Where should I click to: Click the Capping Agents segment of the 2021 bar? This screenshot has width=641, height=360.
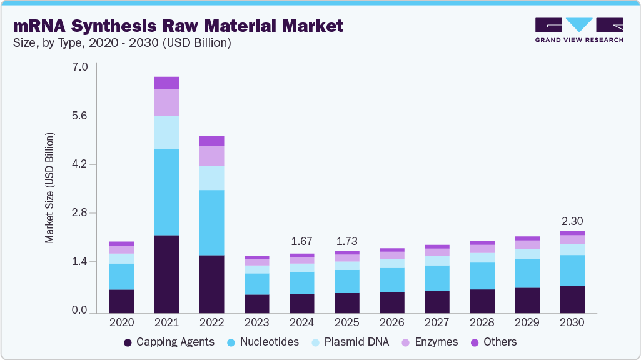(x=166, y=274)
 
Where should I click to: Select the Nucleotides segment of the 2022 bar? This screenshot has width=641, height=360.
(x=211, y=222)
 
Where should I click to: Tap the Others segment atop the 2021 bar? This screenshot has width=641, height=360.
(x=166, y=83)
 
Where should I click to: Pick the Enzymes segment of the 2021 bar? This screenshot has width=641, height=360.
(x=166, y=102)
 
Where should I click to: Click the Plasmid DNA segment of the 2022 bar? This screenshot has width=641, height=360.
(x=211, y=177)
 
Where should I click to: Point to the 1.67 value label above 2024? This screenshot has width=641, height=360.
(x=302, y=241)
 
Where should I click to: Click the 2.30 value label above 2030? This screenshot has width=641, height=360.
(x=572, y=221)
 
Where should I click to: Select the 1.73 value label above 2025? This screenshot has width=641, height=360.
(x=346, y=241)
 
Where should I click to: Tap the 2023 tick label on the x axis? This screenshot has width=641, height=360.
(x=256, y=323)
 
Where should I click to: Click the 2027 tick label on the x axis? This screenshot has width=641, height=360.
(x=437, y=323)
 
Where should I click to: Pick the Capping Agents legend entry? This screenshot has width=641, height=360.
(x=169, y=342)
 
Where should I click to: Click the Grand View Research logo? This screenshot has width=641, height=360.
(x=579, y=30)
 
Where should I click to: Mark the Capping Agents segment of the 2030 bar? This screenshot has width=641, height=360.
(x=572, y=299)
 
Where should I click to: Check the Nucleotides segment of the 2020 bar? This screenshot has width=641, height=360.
(x=121, y=276)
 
